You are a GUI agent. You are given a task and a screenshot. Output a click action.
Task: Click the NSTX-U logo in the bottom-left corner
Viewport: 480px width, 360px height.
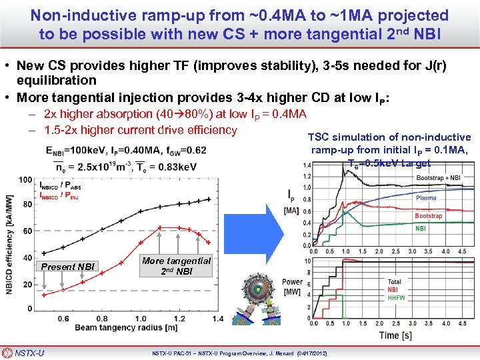[x=25, y=353]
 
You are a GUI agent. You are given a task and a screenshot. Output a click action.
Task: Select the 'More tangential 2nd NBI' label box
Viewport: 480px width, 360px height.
[x=176, y=266]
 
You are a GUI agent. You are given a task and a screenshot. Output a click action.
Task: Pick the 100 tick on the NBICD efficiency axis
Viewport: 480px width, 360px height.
[x=25, y=179]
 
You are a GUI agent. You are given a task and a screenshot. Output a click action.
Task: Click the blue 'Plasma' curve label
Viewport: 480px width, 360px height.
[x=426, y=198]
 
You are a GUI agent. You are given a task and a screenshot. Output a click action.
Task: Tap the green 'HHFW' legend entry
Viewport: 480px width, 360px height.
[x=397, y=297]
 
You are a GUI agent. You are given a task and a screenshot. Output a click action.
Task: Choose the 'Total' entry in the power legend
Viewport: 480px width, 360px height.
[x=395, y=282]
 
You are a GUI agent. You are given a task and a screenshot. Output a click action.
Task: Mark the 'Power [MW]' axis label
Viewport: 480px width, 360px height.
[x=292, y=286]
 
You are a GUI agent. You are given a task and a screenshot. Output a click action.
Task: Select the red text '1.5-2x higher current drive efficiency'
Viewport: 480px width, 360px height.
[x=140, y=129]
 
